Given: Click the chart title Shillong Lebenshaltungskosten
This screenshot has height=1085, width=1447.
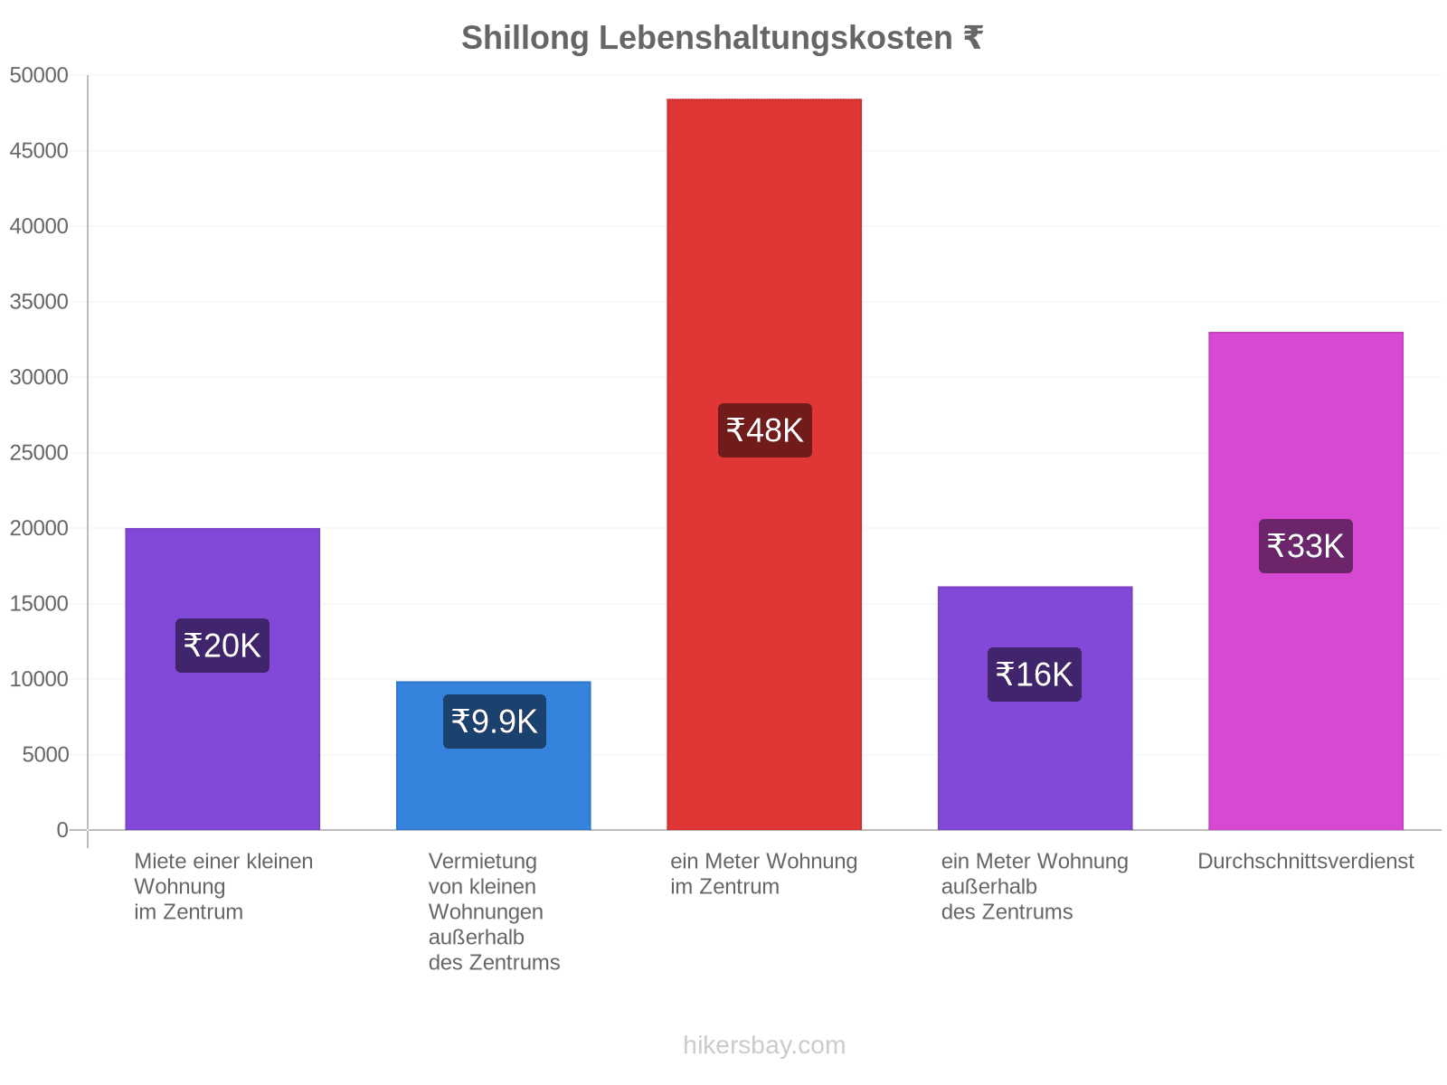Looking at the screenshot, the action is click(706, 38).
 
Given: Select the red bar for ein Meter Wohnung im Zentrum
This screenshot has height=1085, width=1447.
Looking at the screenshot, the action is click(764, 465).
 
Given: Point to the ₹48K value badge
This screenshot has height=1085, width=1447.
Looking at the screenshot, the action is click(765, 430).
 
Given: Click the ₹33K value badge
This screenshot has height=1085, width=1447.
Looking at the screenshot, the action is click(1305, 546).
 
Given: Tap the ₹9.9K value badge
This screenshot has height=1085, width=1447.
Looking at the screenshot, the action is click(495, 722).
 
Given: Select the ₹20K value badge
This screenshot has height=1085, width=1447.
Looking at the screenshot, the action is click(222, 646).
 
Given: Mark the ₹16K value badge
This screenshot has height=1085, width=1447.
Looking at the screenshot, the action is click(1035, 675).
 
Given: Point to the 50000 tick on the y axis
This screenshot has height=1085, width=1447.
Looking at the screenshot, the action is click(39, 75).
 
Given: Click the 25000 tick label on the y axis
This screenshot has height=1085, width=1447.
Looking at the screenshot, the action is click(39, 453).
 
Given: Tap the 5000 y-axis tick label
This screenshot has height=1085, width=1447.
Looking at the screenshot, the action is click(45, 754).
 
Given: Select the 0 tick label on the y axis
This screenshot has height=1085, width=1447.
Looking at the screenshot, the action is click(62, 830).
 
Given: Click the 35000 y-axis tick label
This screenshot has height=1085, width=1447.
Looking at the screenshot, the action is click(39, 302).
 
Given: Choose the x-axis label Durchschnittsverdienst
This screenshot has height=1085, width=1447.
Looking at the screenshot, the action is click(1305, 861).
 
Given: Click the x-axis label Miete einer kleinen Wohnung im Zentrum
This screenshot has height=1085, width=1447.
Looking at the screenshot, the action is click(223, 886).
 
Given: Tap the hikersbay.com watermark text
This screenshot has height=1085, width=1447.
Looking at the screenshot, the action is click(764, 1045).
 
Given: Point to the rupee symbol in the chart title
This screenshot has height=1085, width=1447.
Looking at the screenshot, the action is click(973, 38).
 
